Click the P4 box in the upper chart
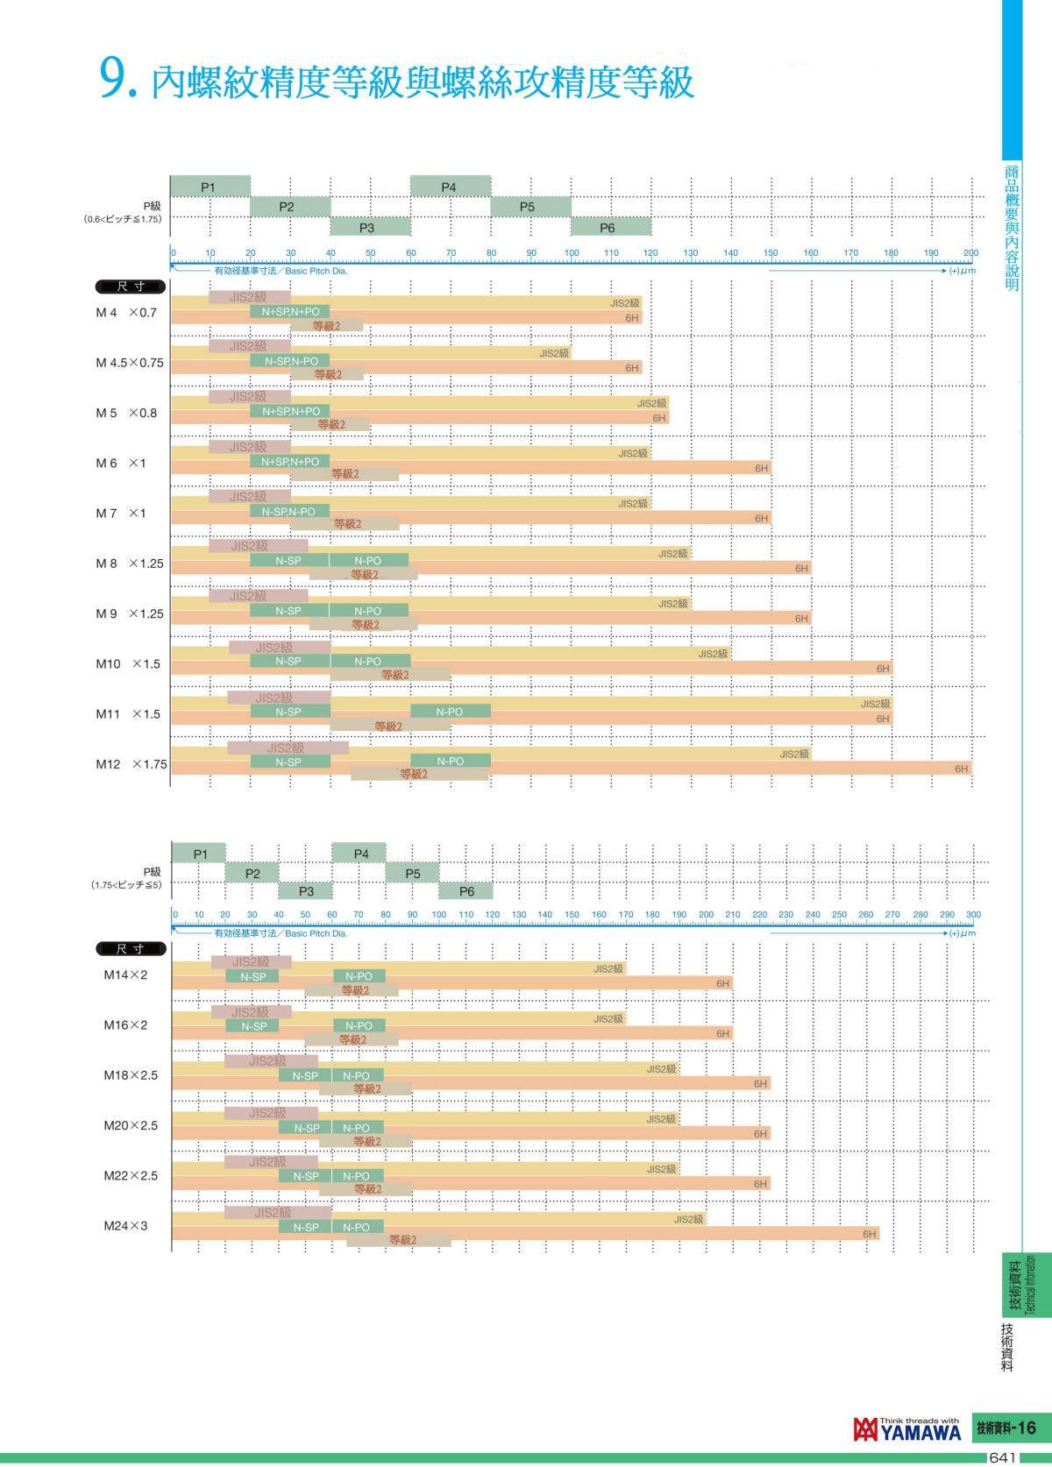pos(450,187)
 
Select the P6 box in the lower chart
pos(466,891)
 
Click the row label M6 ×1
pos(120,463)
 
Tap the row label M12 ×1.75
pos(131,764)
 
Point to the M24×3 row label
pos(125,1225)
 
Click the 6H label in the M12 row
pos(962,769)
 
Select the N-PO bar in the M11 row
pos(450,712)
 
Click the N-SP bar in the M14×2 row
pos(252,976)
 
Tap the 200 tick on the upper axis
pos(970,252)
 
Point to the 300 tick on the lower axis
pos(973,914)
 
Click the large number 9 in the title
pos(116,81)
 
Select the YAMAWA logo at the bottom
pos(906,1429)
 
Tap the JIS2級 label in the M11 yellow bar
pos(875,704)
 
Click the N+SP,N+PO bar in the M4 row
pos(290,311)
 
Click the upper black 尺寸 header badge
pos(130,287)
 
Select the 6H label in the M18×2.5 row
pos(761,1084)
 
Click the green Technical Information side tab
pos(1022,1284)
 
